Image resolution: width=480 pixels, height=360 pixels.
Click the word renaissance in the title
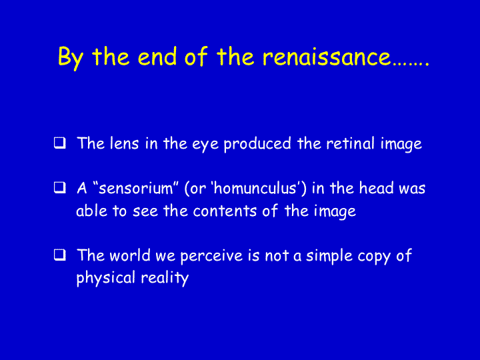coord(327,57)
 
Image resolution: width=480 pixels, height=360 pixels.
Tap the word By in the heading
coord(71,58)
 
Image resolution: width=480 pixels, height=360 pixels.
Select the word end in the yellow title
coord(157,56)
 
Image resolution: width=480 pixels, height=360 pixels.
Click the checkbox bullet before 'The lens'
coord(60,143)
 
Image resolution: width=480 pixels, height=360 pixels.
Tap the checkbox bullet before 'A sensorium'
coord(60,187)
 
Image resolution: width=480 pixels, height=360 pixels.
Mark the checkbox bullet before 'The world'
coord(60,255)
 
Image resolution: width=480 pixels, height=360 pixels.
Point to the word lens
coord(124,143)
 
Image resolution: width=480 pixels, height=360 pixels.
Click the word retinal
coord(350,143)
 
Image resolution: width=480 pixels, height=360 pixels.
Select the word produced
coord(257,144)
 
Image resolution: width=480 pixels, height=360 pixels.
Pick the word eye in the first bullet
coord(205,145)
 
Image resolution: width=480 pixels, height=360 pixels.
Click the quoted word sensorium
coord(136,188)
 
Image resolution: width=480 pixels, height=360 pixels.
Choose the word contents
coord(225,211)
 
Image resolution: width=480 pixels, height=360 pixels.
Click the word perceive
coord(211,256)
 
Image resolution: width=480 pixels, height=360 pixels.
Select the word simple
coord(329,256)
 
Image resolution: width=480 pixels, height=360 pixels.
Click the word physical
coord(105,278)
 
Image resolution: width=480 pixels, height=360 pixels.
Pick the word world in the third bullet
coord(130,255)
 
